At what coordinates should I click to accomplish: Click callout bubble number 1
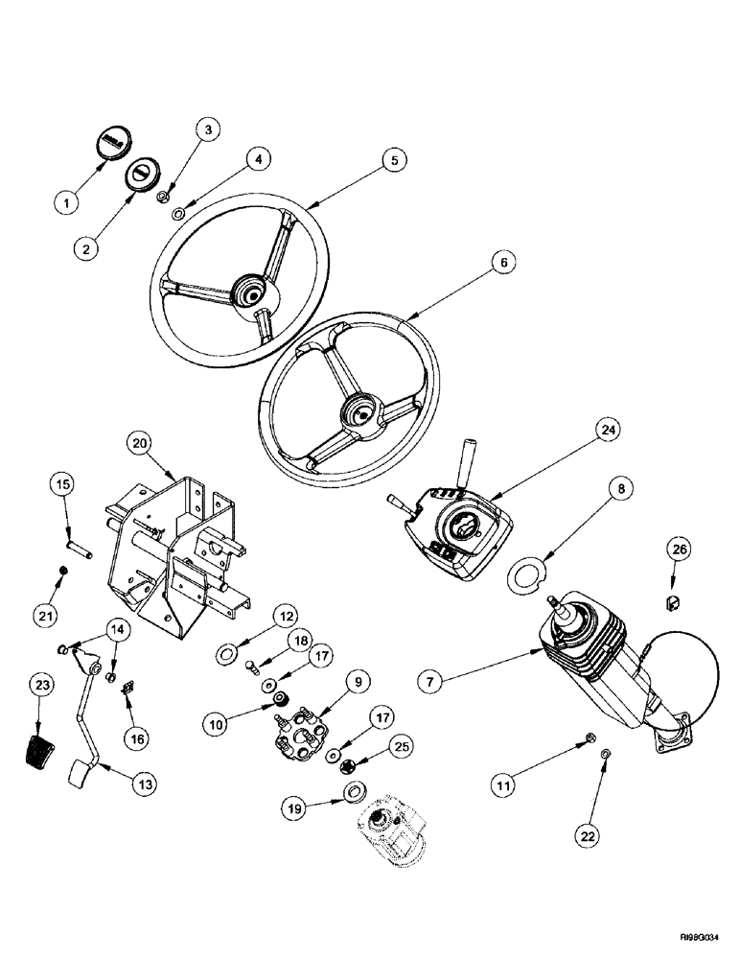point(66,203)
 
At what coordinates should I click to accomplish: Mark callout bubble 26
point(679,551)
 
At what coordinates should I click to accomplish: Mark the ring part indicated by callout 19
point(352,792)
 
